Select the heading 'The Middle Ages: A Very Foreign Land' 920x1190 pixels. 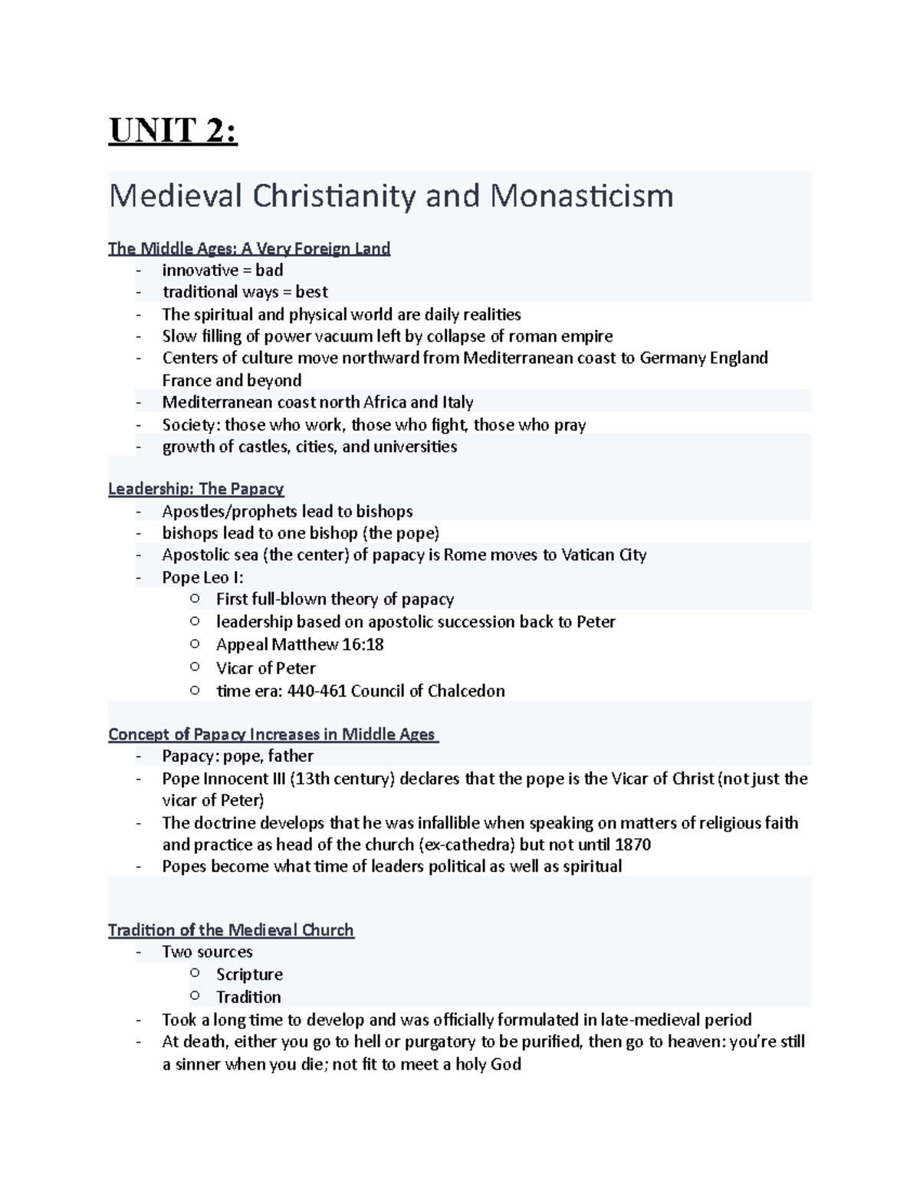[249, 248]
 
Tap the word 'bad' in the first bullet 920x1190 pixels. [269, 270]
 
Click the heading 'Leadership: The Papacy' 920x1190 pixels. [196, 489]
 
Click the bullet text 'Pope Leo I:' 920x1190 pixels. [202, 577]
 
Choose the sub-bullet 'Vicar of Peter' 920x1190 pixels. [265, 667]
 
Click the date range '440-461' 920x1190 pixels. [316, 691]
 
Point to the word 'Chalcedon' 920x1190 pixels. [466, 691]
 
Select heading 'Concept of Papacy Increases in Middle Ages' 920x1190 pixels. [272, 734]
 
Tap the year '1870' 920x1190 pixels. [632, 844]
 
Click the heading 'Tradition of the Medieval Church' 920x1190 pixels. [231, 930]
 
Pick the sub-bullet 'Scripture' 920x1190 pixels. [249, 975]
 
